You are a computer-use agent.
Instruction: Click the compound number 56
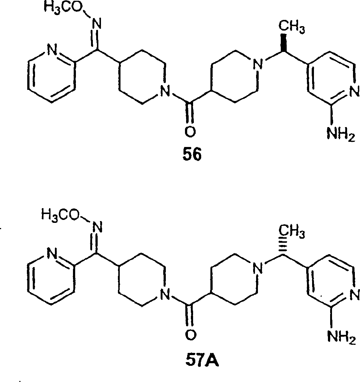[x=192, y=155]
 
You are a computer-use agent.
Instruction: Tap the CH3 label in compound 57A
[x=291, y=231]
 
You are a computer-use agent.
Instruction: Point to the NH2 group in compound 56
[x=341, y=135]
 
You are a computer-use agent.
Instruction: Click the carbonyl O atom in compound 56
[x=190, y=132]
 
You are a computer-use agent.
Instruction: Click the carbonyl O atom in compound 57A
[x=191, y=335]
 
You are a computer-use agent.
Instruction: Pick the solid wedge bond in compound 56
[x=283, y=42]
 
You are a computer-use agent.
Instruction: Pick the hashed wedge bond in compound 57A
[x=283, y=246]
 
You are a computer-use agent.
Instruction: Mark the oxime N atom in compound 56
[x=97, y=24]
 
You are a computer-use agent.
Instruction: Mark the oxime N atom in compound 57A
[x=97, y=228]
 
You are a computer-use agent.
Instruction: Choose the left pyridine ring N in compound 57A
[x=52, y=254]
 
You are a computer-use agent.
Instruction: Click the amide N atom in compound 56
[x=165, y=91]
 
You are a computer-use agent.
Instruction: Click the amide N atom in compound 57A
[x=165, y=294]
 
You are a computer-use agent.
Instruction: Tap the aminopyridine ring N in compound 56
[x=354, y=91]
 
